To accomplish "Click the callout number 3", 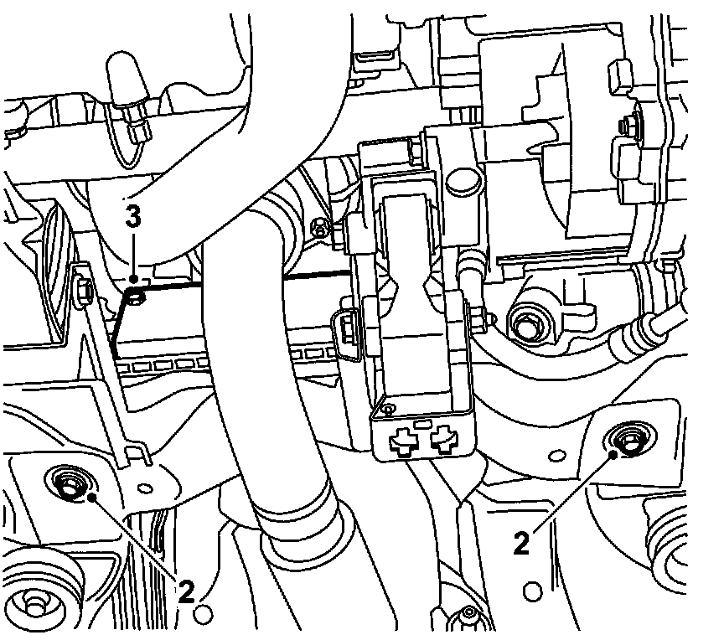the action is [132, 217].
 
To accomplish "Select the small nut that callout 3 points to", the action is [137, 295].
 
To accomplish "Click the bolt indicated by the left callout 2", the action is [69, 483].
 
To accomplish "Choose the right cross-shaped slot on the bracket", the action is [444, 438].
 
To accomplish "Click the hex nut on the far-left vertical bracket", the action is [84, 290].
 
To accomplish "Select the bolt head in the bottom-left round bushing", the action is [34, 601].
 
